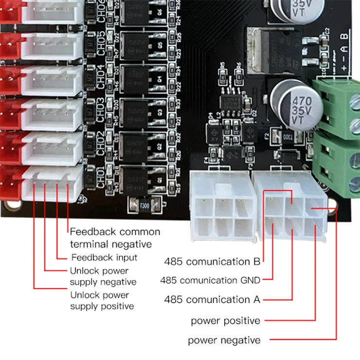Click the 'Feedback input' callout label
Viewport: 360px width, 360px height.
104,257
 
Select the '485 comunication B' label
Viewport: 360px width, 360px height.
212,262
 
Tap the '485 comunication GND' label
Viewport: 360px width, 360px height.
210,280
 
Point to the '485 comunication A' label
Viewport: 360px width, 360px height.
212,299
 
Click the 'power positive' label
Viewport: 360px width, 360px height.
225,321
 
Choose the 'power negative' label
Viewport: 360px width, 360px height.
224,340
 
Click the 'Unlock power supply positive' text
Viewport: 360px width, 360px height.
102,301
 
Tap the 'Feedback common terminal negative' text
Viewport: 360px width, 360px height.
115,238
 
